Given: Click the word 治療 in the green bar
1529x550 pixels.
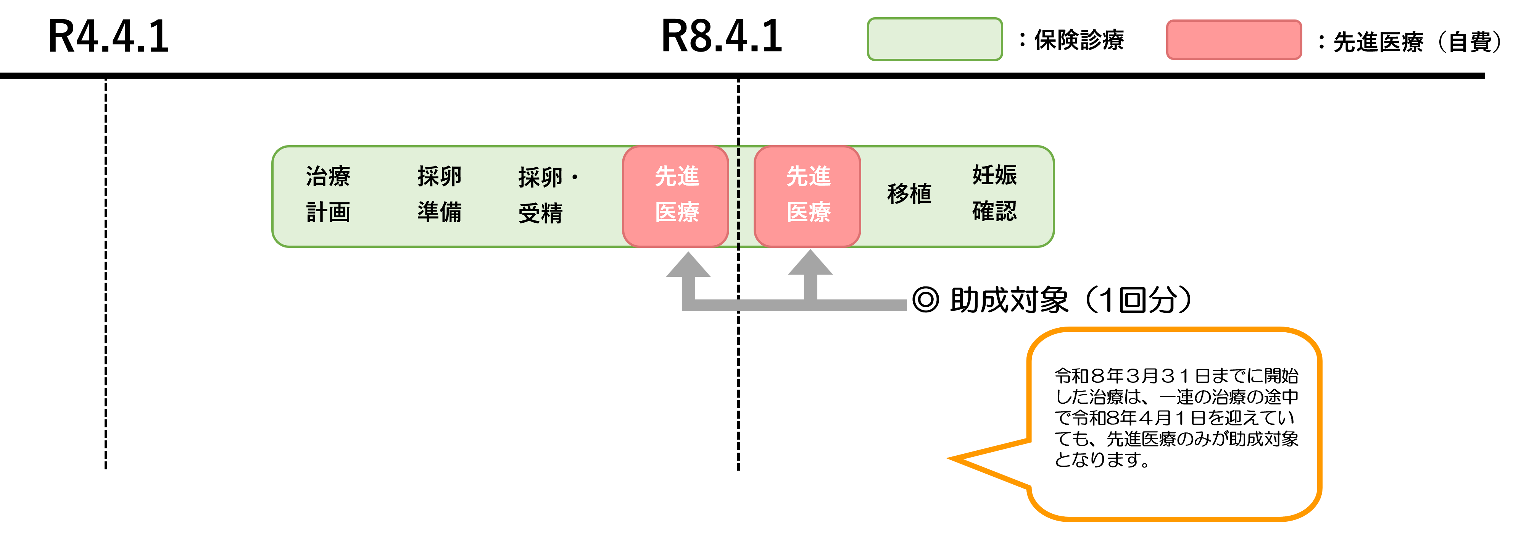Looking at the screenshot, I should [x=328, y=176].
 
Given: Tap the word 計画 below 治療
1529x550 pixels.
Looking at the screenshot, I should [x=328, y=212].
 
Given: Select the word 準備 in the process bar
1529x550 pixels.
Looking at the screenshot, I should [x=439, y=212].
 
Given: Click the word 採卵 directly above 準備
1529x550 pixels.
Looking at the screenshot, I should [x=439, y=176].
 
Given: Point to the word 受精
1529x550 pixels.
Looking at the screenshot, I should [x=540, y=213].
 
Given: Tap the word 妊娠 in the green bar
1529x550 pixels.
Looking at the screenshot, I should [x=994, y=175].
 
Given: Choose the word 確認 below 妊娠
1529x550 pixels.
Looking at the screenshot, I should [x=994, y=211].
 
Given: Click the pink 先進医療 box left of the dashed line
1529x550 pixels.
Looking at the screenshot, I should [x=675, y=196].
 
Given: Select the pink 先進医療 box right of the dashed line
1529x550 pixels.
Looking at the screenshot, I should [x=807, y=196].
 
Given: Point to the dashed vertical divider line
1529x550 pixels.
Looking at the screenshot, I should [x=738, y=196].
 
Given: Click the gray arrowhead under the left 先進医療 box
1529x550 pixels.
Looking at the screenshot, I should [x=688, y=265].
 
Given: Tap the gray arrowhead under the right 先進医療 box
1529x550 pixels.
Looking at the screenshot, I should [x=810, y=263].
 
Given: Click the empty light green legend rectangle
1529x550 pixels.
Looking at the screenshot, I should [x=935, y=39].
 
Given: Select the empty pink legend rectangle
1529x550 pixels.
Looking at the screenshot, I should [x=1234, y=40].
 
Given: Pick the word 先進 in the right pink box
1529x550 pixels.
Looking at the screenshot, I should [x=809, y=176].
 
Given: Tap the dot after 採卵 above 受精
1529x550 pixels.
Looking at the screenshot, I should [x=575, y=177].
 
